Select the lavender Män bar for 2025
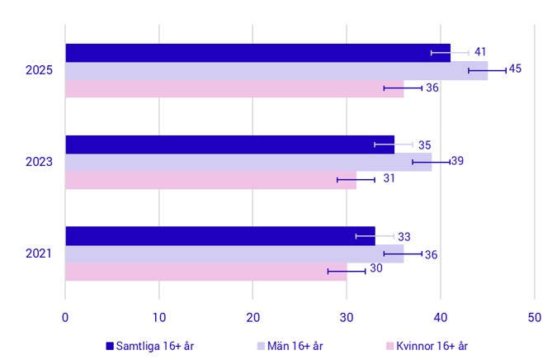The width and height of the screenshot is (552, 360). click(x=276, y=71)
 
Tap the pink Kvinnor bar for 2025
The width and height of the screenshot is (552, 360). click(x=234, y=88)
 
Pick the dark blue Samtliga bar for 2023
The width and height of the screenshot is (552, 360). click(x=229, y=144)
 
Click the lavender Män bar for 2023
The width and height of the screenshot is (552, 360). click(x=248, y=163)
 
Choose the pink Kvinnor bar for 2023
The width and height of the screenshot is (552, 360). click(x=210, y=180)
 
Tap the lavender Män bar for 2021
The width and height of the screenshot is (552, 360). click(x=234, y=254)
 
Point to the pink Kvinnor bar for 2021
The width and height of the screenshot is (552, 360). click(x=206, y=272)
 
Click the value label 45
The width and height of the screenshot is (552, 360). click(x=515, y=69)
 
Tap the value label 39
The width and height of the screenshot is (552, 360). click(x=457, y=161)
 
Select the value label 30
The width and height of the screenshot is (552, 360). click(x=376, y=268)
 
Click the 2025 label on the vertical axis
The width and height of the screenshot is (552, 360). click(x=40, y=71)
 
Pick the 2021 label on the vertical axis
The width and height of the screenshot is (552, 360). click(x=40, y=253)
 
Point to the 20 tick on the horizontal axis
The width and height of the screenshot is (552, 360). click(x=252, y=315)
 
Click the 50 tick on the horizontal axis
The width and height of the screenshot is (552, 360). click(x=534, y=315)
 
